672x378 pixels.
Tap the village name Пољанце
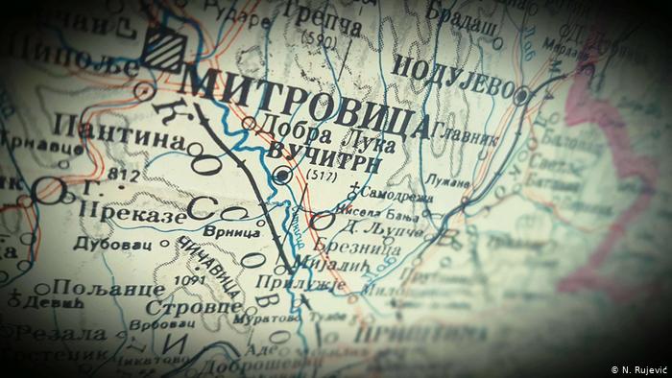click(x=91, y=288)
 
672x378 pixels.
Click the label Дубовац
click(x=97, y=244)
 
